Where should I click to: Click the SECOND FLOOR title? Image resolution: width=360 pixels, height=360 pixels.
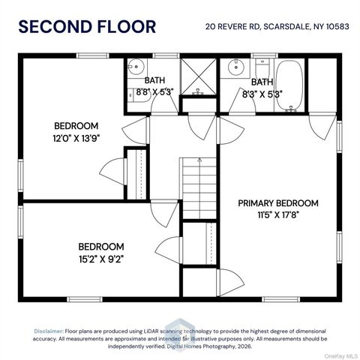click(x=87, y=27)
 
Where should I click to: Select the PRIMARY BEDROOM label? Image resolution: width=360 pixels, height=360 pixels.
click(x=278, y=203)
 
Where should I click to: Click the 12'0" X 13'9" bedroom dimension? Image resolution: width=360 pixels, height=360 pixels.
click(x=76, y=138)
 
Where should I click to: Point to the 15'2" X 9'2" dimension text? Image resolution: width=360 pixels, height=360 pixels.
click(x=101, y=259)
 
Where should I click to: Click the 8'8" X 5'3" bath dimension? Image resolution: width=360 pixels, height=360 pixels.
click(x=154, y=92)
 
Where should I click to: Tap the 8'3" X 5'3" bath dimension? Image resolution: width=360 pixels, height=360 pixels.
click(x=262, y=94)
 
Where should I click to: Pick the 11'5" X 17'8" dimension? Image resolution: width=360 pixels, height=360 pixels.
click(x=278, y=214)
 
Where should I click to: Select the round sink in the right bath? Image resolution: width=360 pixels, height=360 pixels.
click(x=235, y=67)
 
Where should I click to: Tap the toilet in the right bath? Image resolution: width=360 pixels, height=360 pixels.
click(x=262, y=68)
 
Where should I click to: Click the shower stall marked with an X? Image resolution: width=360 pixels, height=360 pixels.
click(x=198, y=76)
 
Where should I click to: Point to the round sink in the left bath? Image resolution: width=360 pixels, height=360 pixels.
click(x=136, y=67)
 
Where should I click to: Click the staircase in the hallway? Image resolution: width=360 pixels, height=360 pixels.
click(x=199, y=188)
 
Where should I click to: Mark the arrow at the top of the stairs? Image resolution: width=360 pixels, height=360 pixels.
click(x=199, y=160)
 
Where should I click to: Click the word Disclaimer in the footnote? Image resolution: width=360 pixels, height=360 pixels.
click(x=49, y=331)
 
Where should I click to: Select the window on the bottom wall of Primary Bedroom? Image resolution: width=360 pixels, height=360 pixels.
click(x=281, y=299)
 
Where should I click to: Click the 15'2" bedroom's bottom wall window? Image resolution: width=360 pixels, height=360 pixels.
click(x=85, y=299)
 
